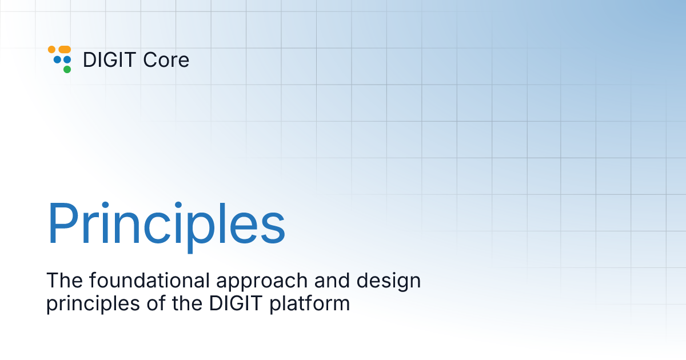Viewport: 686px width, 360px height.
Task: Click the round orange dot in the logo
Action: [51, 50]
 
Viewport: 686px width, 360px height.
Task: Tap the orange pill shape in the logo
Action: [65, 50]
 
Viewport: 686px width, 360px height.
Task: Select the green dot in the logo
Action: [67, 69]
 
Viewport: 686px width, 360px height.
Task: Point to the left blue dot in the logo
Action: [57, 59]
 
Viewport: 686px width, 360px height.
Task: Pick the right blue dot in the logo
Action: [67, 59]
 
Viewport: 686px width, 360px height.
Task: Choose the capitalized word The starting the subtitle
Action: [63, 281]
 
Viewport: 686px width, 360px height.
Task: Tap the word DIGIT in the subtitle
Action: [219, 303]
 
